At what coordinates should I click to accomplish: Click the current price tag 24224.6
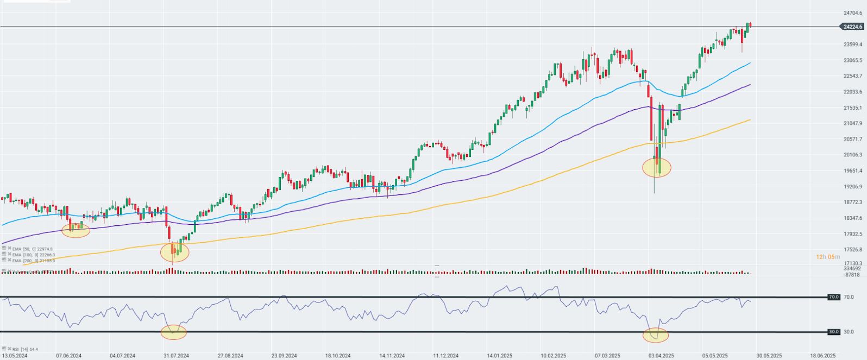pos(852,27)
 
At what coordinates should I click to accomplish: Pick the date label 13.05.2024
pos(15,356)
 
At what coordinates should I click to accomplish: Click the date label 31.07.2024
pos(175,356)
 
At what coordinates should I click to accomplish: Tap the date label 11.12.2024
pos(445,356)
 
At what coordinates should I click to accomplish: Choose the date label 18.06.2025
pos(822,356)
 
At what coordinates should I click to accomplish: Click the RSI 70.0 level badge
pos(833,297)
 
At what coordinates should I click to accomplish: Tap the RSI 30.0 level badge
pos(833,332)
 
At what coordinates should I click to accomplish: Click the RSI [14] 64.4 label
pos(22,349)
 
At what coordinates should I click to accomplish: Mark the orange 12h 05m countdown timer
pos(828,257)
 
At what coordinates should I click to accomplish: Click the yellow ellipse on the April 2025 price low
pos(657,167)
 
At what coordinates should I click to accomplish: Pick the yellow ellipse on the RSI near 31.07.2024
pos(173,332)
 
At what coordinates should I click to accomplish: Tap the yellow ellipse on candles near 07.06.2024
pos(76,230)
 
